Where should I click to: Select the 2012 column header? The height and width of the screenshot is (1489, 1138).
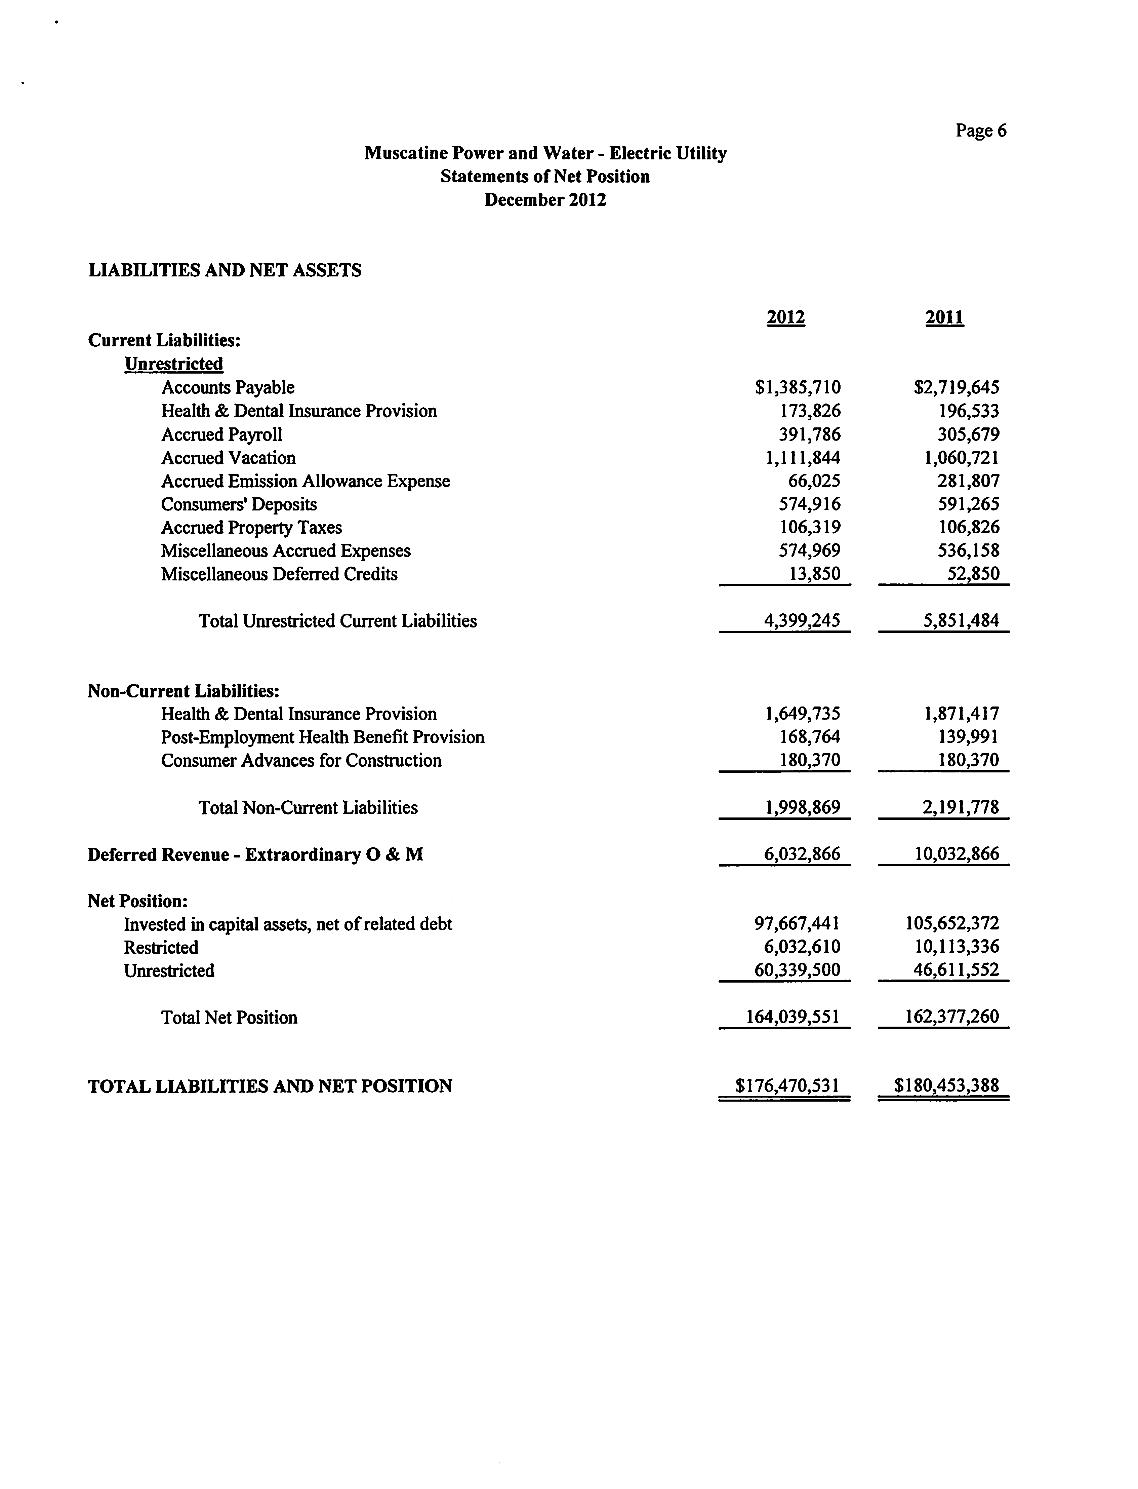click(x=786, y=317)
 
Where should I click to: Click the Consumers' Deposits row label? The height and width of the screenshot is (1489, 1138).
click(x=238, y=504)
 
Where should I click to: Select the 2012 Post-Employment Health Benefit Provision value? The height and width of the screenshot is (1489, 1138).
click(x=810, y=737)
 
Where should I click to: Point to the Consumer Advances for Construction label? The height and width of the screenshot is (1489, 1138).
click(x=301, y=760)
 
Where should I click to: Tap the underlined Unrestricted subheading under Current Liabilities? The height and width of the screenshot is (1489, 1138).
click(x=173, y=364)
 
